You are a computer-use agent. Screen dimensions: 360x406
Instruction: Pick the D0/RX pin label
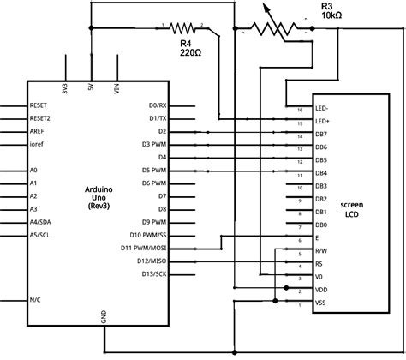(x=157, y=105)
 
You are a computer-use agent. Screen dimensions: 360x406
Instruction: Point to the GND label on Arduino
(x=104, y=316)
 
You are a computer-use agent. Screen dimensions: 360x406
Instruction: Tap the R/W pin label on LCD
(x=321, y=252)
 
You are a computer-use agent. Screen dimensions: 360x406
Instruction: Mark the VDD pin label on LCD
(x=321, y=291)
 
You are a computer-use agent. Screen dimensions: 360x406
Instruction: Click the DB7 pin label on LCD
(x=321, y=135)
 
